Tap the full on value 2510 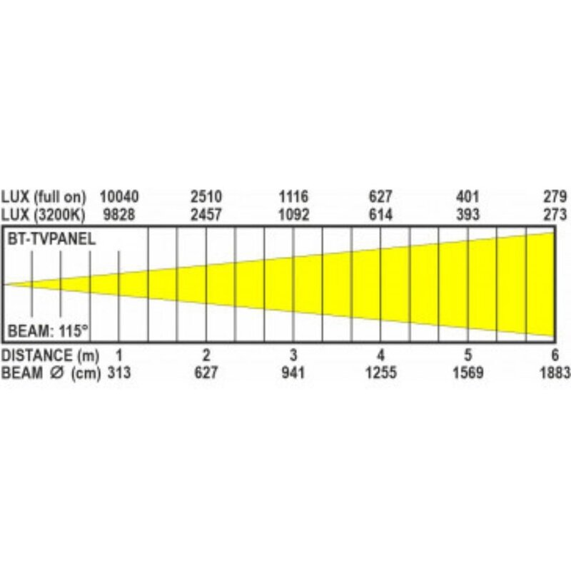[x=206, y=196]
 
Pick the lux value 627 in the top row [x=381, y=196]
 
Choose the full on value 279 [x=555, y=196]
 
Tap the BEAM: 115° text [x=48, y=330]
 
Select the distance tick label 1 [x=119, y=355]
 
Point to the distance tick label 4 [x=381, y=355]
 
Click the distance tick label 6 [x=555, y=355]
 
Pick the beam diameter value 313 [x=119, y=372]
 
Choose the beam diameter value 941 [x=293, y=372]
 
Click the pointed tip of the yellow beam [x=6, y=284]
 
